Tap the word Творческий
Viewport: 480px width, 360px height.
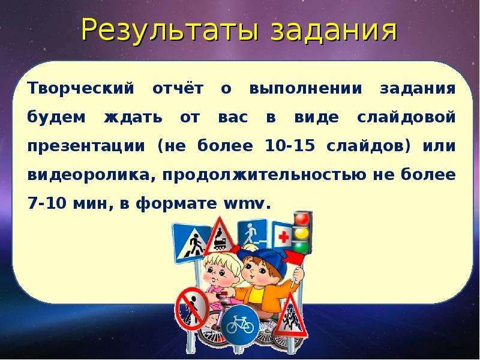[x=81, y=89]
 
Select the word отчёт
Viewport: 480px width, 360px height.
[x=178, y=89]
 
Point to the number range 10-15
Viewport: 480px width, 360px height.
[x=290, y=146]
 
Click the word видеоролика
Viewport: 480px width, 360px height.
[x=91, y=175]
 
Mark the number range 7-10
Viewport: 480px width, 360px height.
[x=47, y=203]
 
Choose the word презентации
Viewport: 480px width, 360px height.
[x=86, y=146]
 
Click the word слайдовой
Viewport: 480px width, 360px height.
[x=407, y=117]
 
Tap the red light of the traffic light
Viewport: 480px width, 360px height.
[x=302, y=219]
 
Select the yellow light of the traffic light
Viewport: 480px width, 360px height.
[x=302, y=233]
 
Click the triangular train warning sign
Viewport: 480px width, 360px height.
[x=220, y=236]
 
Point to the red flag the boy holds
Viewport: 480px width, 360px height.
[x=294, y=257]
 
